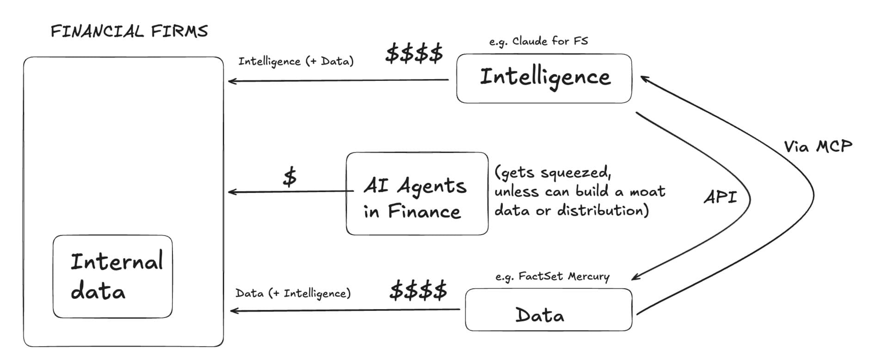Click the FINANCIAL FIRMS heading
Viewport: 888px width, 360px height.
(129, 31)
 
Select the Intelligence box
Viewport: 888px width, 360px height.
(544, 78)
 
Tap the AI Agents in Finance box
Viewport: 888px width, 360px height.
(417, 193)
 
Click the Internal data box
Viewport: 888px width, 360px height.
(112, 276)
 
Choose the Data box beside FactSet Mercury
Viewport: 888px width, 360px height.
(548, 310)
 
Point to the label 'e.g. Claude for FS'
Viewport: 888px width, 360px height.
(538, 42)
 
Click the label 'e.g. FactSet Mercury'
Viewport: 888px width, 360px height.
(552, 277)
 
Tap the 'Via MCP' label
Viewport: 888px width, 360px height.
(817, 147)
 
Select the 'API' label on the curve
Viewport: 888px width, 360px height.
(720, 198)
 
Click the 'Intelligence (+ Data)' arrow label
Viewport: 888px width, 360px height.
(296, 62)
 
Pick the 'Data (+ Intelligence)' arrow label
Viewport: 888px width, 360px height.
(293, 293)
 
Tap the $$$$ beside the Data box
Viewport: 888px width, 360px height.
(418, 291)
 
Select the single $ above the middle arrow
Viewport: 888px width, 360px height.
(290, 177)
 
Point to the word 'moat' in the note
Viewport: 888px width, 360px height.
(647, 191)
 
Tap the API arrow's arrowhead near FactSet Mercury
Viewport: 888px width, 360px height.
(635, 277)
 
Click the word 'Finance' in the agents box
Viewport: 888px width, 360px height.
(424, 212)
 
